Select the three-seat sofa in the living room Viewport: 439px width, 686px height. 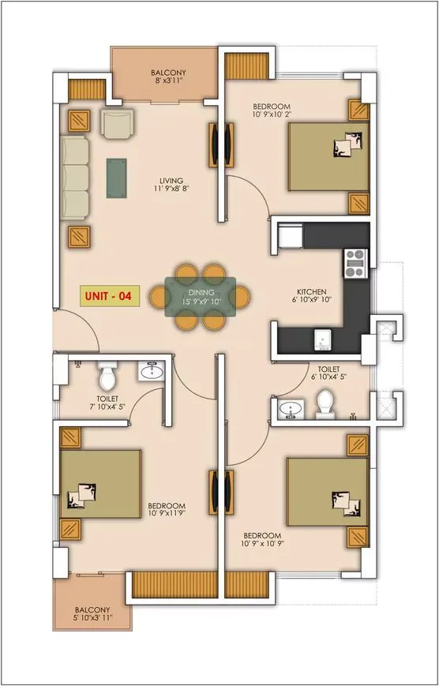[76, 178]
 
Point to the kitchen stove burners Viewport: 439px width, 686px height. [354, 263]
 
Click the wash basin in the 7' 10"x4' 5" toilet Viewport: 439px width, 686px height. [151, 371]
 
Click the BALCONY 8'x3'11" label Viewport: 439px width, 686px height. [167, 76]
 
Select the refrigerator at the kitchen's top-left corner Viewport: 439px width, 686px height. [287, 234]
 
